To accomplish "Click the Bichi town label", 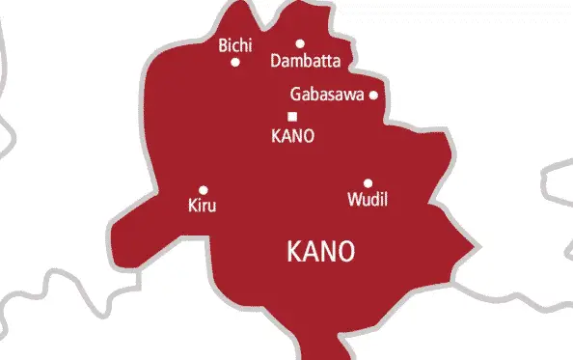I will point(235,44).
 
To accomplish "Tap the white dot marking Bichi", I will point(235,63).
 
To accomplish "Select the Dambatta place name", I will point(306,61).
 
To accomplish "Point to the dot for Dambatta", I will point(300,43).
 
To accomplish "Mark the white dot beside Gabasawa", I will point(373,95).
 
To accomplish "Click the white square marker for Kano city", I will point(292,117).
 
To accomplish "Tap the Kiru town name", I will point(202,206).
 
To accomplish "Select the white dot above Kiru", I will point(203,190).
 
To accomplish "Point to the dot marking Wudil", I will point(368,183).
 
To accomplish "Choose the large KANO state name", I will point(321,252).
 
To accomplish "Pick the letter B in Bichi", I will point(223,44).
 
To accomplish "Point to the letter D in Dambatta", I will point(277,61).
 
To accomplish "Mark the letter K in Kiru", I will point(190,206).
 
